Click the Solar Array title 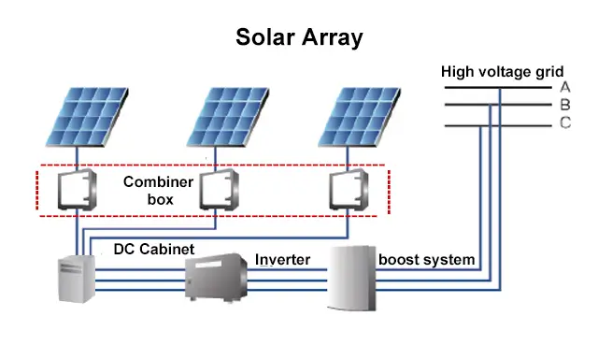tap(299, 37)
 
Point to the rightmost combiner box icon tap(348, 191)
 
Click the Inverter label tap(282, 259)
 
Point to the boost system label tap(427, 258)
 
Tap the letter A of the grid tap(564, 86)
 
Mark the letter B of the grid tap(564, 105)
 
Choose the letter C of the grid tap(565, 123)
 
